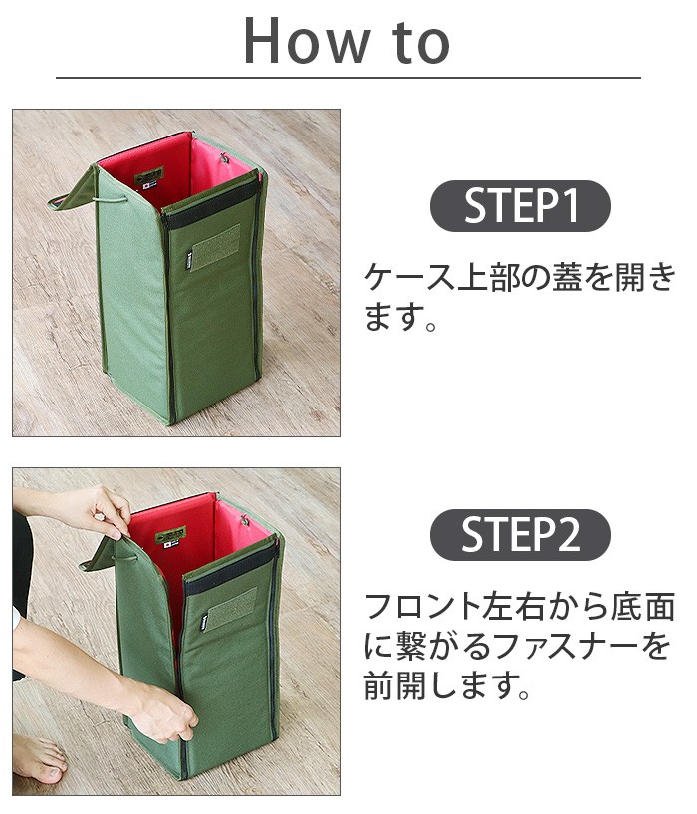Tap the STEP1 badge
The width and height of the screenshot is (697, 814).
520,206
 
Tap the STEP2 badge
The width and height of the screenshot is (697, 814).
520,535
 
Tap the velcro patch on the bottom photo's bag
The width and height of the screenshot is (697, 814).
230,607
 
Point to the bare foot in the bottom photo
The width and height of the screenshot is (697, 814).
40,761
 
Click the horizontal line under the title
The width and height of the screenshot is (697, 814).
348,78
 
